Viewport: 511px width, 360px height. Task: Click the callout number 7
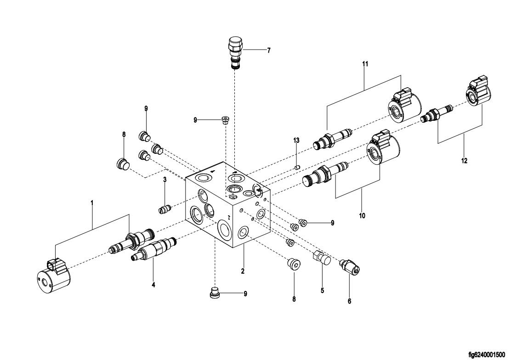tap(269, 51)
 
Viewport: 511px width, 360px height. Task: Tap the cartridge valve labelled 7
tap(235, 53)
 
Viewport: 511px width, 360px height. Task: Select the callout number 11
tap(365, 64)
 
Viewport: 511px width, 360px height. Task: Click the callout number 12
tap(465, 161)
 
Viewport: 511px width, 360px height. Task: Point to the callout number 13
tap(296, 141)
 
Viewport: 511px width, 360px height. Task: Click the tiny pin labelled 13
tap(296, 168)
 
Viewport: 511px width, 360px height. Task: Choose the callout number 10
tap(362, 215)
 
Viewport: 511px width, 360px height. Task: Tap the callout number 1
tap(92, 203)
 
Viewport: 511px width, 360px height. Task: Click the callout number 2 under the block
tap(243, 271)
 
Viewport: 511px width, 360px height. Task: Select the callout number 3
tap(165, 180)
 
